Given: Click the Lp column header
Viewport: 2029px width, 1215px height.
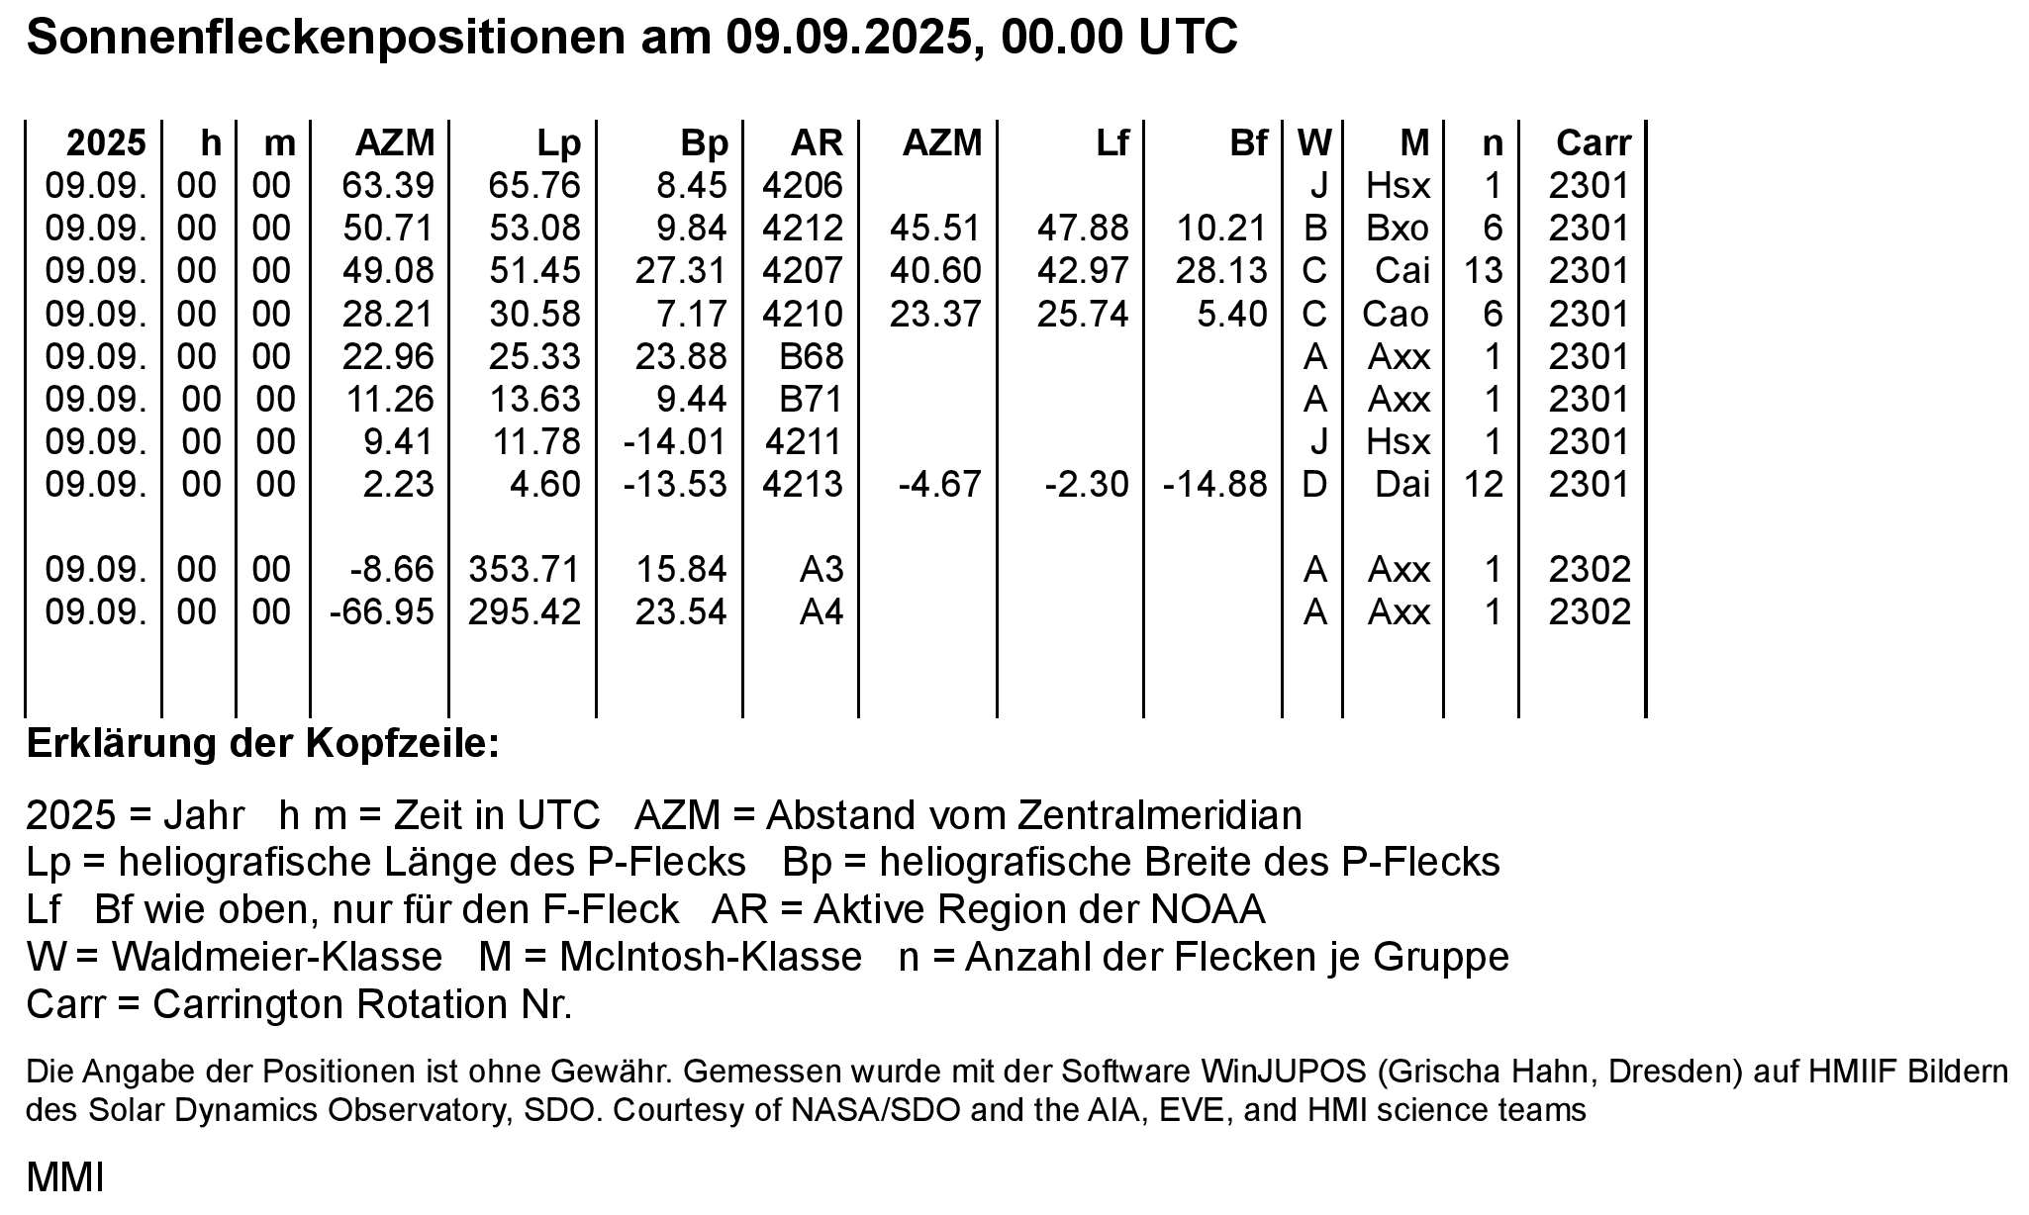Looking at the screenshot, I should tap(558, 143).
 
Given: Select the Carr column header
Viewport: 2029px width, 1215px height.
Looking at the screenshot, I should tap(1593, 143).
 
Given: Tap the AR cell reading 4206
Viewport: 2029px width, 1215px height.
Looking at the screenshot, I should tap(803, 185).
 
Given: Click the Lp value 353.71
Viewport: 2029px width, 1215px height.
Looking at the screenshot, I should tap(524, 569).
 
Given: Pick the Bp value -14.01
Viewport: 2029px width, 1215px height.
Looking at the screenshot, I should tap(675, 441).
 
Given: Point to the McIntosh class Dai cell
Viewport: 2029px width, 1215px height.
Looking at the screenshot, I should tap(1402, 484).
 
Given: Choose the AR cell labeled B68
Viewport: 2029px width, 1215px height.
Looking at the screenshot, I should tap(811, 356).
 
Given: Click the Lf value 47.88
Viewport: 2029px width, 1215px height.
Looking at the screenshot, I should tap(1083, 229).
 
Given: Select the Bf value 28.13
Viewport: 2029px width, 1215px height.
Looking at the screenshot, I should tap(1221, 271).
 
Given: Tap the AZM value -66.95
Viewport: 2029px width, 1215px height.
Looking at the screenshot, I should tap(381, 611).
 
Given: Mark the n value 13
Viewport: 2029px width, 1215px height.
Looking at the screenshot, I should tap(1484, 271).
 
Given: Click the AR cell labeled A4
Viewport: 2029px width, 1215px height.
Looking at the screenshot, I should tap(821, 611).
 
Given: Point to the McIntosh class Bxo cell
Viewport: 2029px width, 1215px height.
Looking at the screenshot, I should tap(1398, 229).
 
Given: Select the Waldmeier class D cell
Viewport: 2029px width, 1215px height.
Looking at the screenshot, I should tap(1313, 484).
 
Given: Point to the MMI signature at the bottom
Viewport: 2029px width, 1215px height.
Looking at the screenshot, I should tap(64, 1178).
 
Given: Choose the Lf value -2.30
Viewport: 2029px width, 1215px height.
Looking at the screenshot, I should tap(1087, 484).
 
